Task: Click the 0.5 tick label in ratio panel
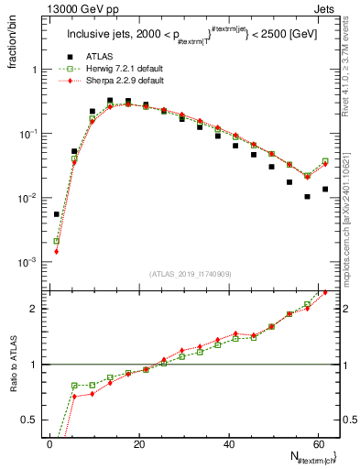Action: click(x=29, y=420)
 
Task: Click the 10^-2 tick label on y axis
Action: click(x=27, y=198)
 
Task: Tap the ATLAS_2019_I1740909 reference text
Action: click(x=190, y=274)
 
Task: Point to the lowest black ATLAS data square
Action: click(x=57, y=214)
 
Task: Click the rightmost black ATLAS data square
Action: click(x=325, y=190)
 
